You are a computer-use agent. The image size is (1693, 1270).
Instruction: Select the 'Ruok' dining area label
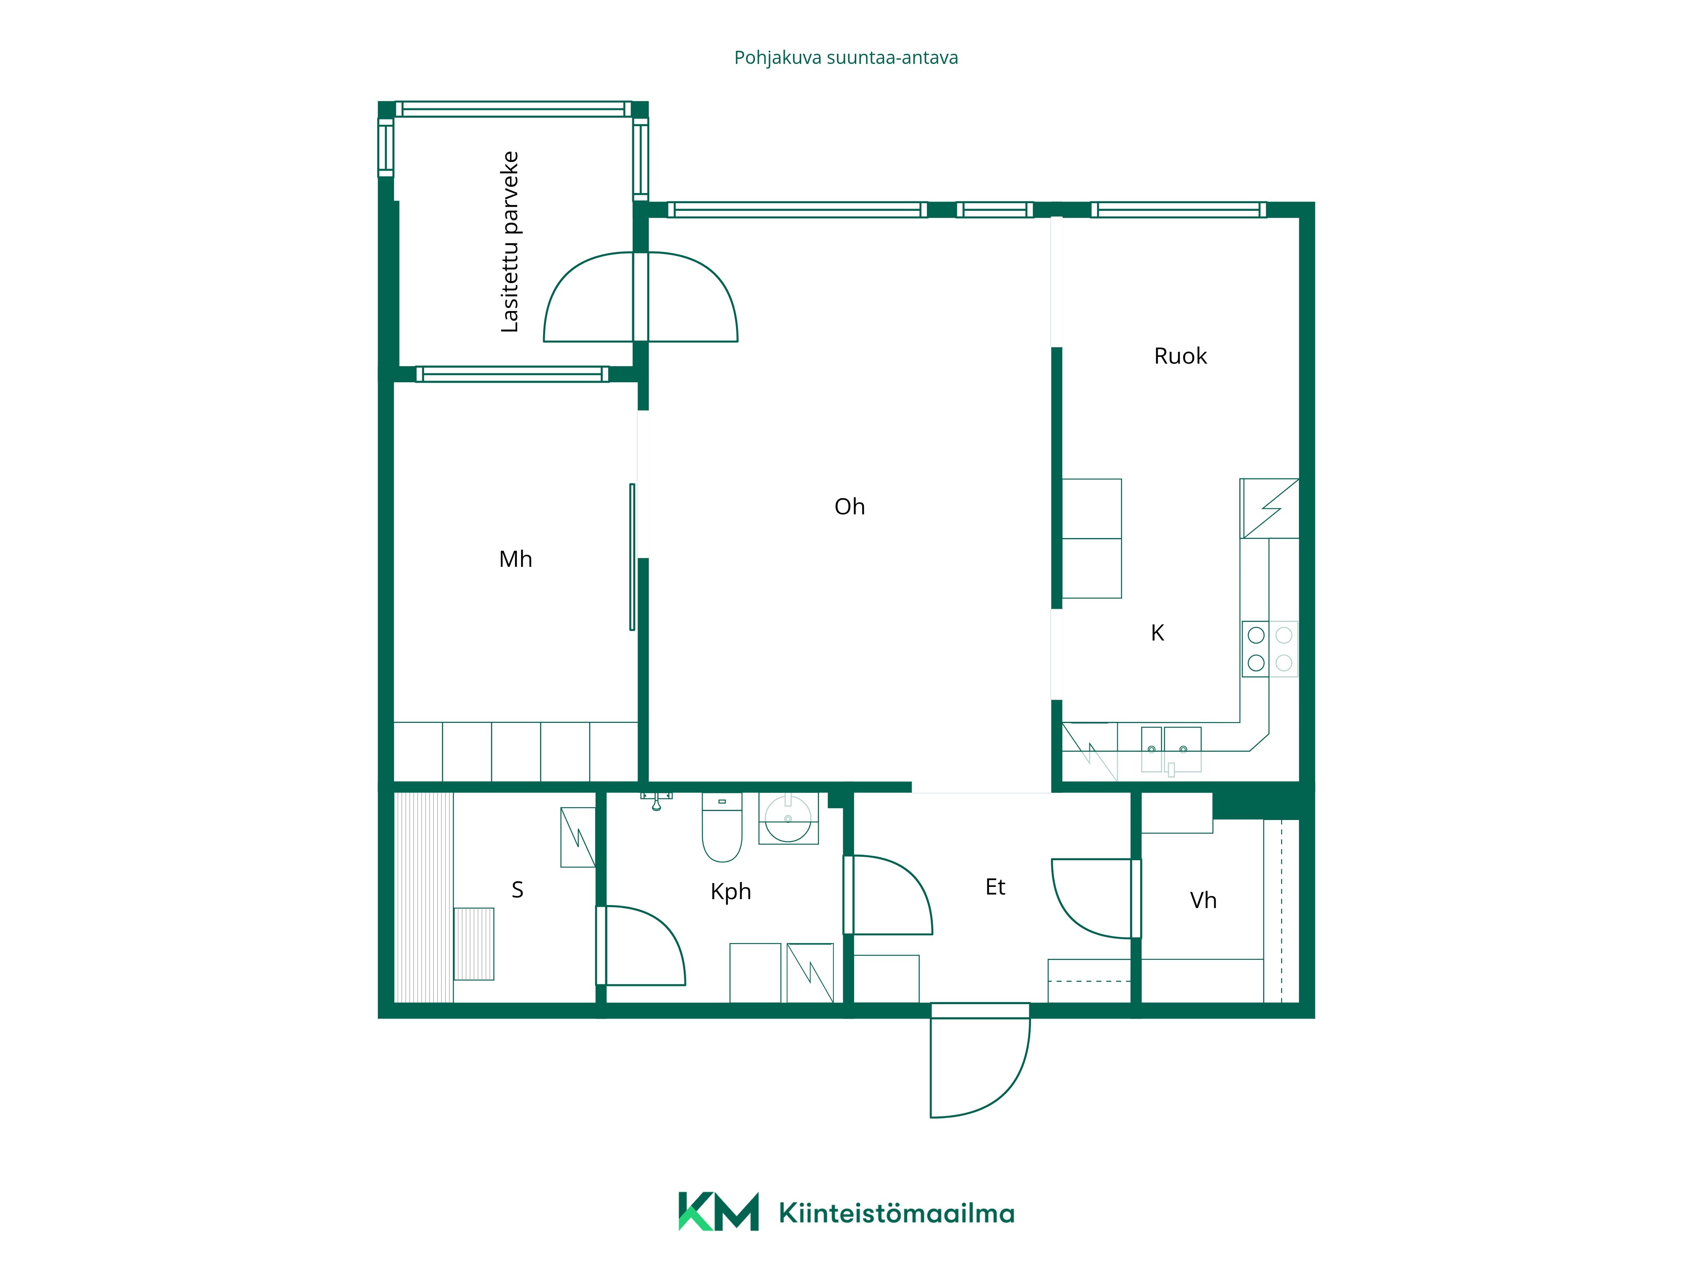[1180, 356]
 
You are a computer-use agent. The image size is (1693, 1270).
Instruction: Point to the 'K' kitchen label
[1157, 633]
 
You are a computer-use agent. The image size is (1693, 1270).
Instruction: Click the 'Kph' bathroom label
[731, 892]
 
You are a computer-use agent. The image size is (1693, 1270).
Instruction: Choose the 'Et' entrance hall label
[995, 887]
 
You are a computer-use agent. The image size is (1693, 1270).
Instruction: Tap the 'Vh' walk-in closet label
[1203, 900]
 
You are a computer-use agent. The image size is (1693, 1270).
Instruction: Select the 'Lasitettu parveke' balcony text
[510, 242]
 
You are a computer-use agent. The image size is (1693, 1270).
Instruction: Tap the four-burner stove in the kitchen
[1270, 649]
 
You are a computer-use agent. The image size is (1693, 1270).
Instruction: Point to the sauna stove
[474, 944]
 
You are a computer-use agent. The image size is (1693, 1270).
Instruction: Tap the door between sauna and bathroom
[641, 945]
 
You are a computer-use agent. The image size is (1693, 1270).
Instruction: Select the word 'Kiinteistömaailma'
[896, 1213]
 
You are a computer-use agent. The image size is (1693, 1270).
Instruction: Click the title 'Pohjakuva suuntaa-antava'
[846, 58]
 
